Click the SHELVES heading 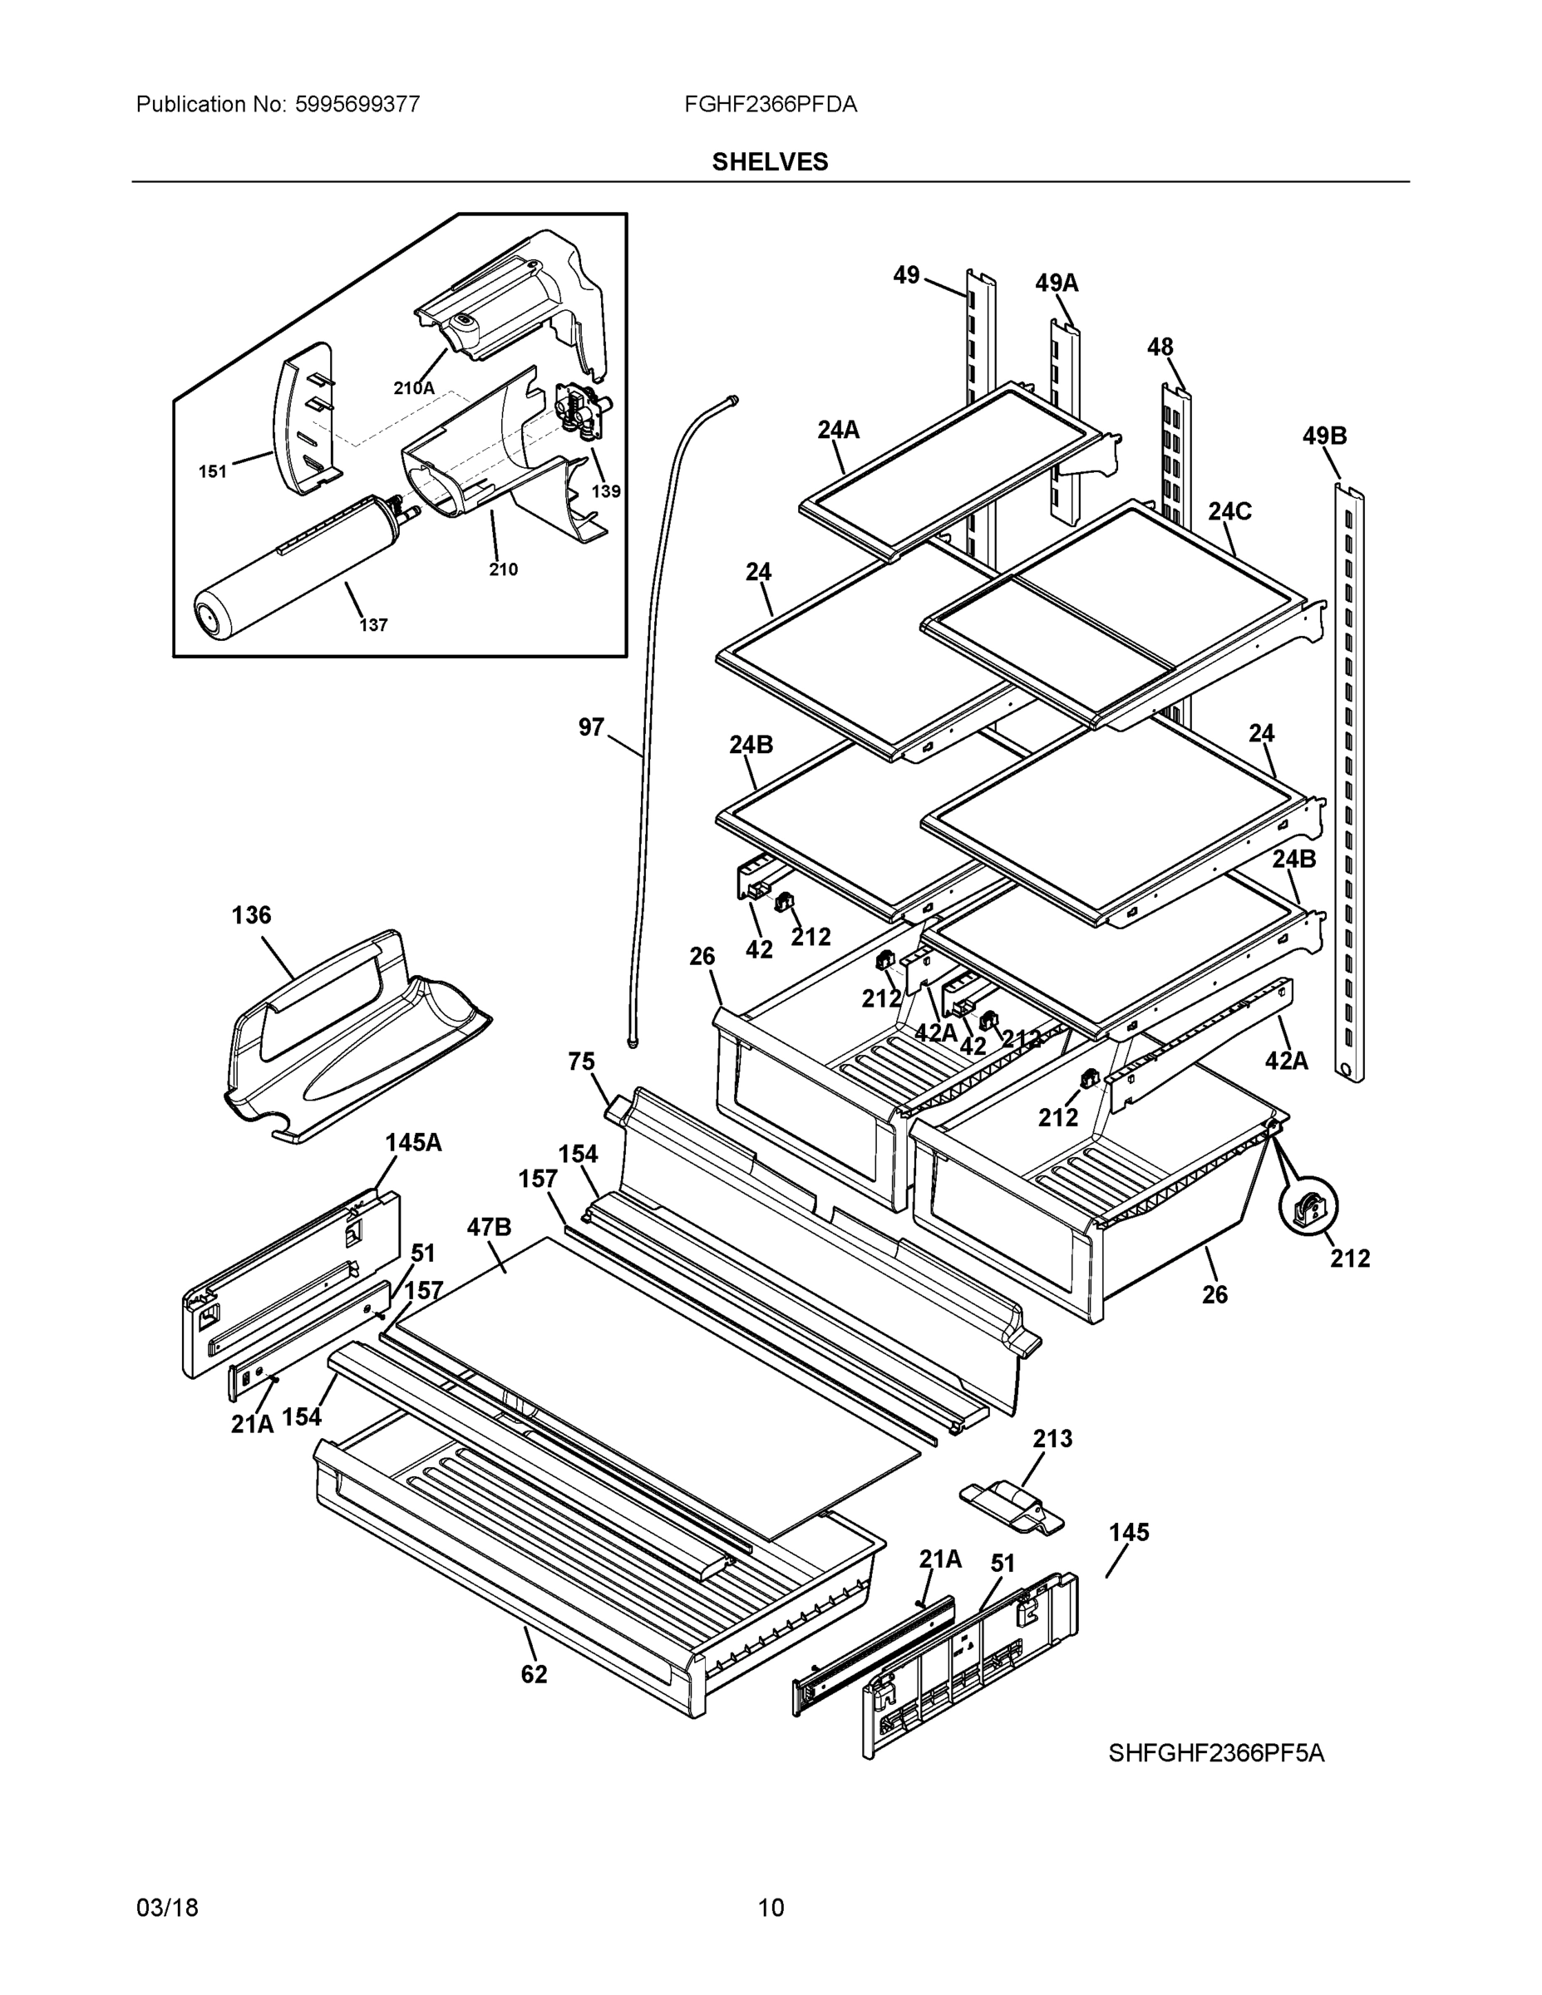click(x=770, y=162)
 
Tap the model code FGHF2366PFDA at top click(x=770, y=105)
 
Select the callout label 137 click(x=372, y=625)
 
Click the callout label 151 click(x=213, y=471)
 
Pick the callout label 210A click(x=414, y=387)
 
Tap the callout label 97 click(x=591, y=727)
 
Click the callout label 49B click(x=1323, y=436)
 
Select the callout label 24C click(x=1229, y=511)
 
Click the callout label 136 click(x=251, y=914)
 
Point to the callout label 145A click(x=413, y=1142)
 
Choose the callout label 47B click(x=489, y=1227)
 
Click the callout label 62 click(x=534, y=1674)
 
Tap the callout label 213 click(x=1052, y=1439)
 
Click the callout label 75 click(x=581, y=1062)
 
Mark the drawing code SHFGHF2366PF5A click(x=1216, y=1753)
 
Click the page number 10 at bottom click(x=770, y=1908)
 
